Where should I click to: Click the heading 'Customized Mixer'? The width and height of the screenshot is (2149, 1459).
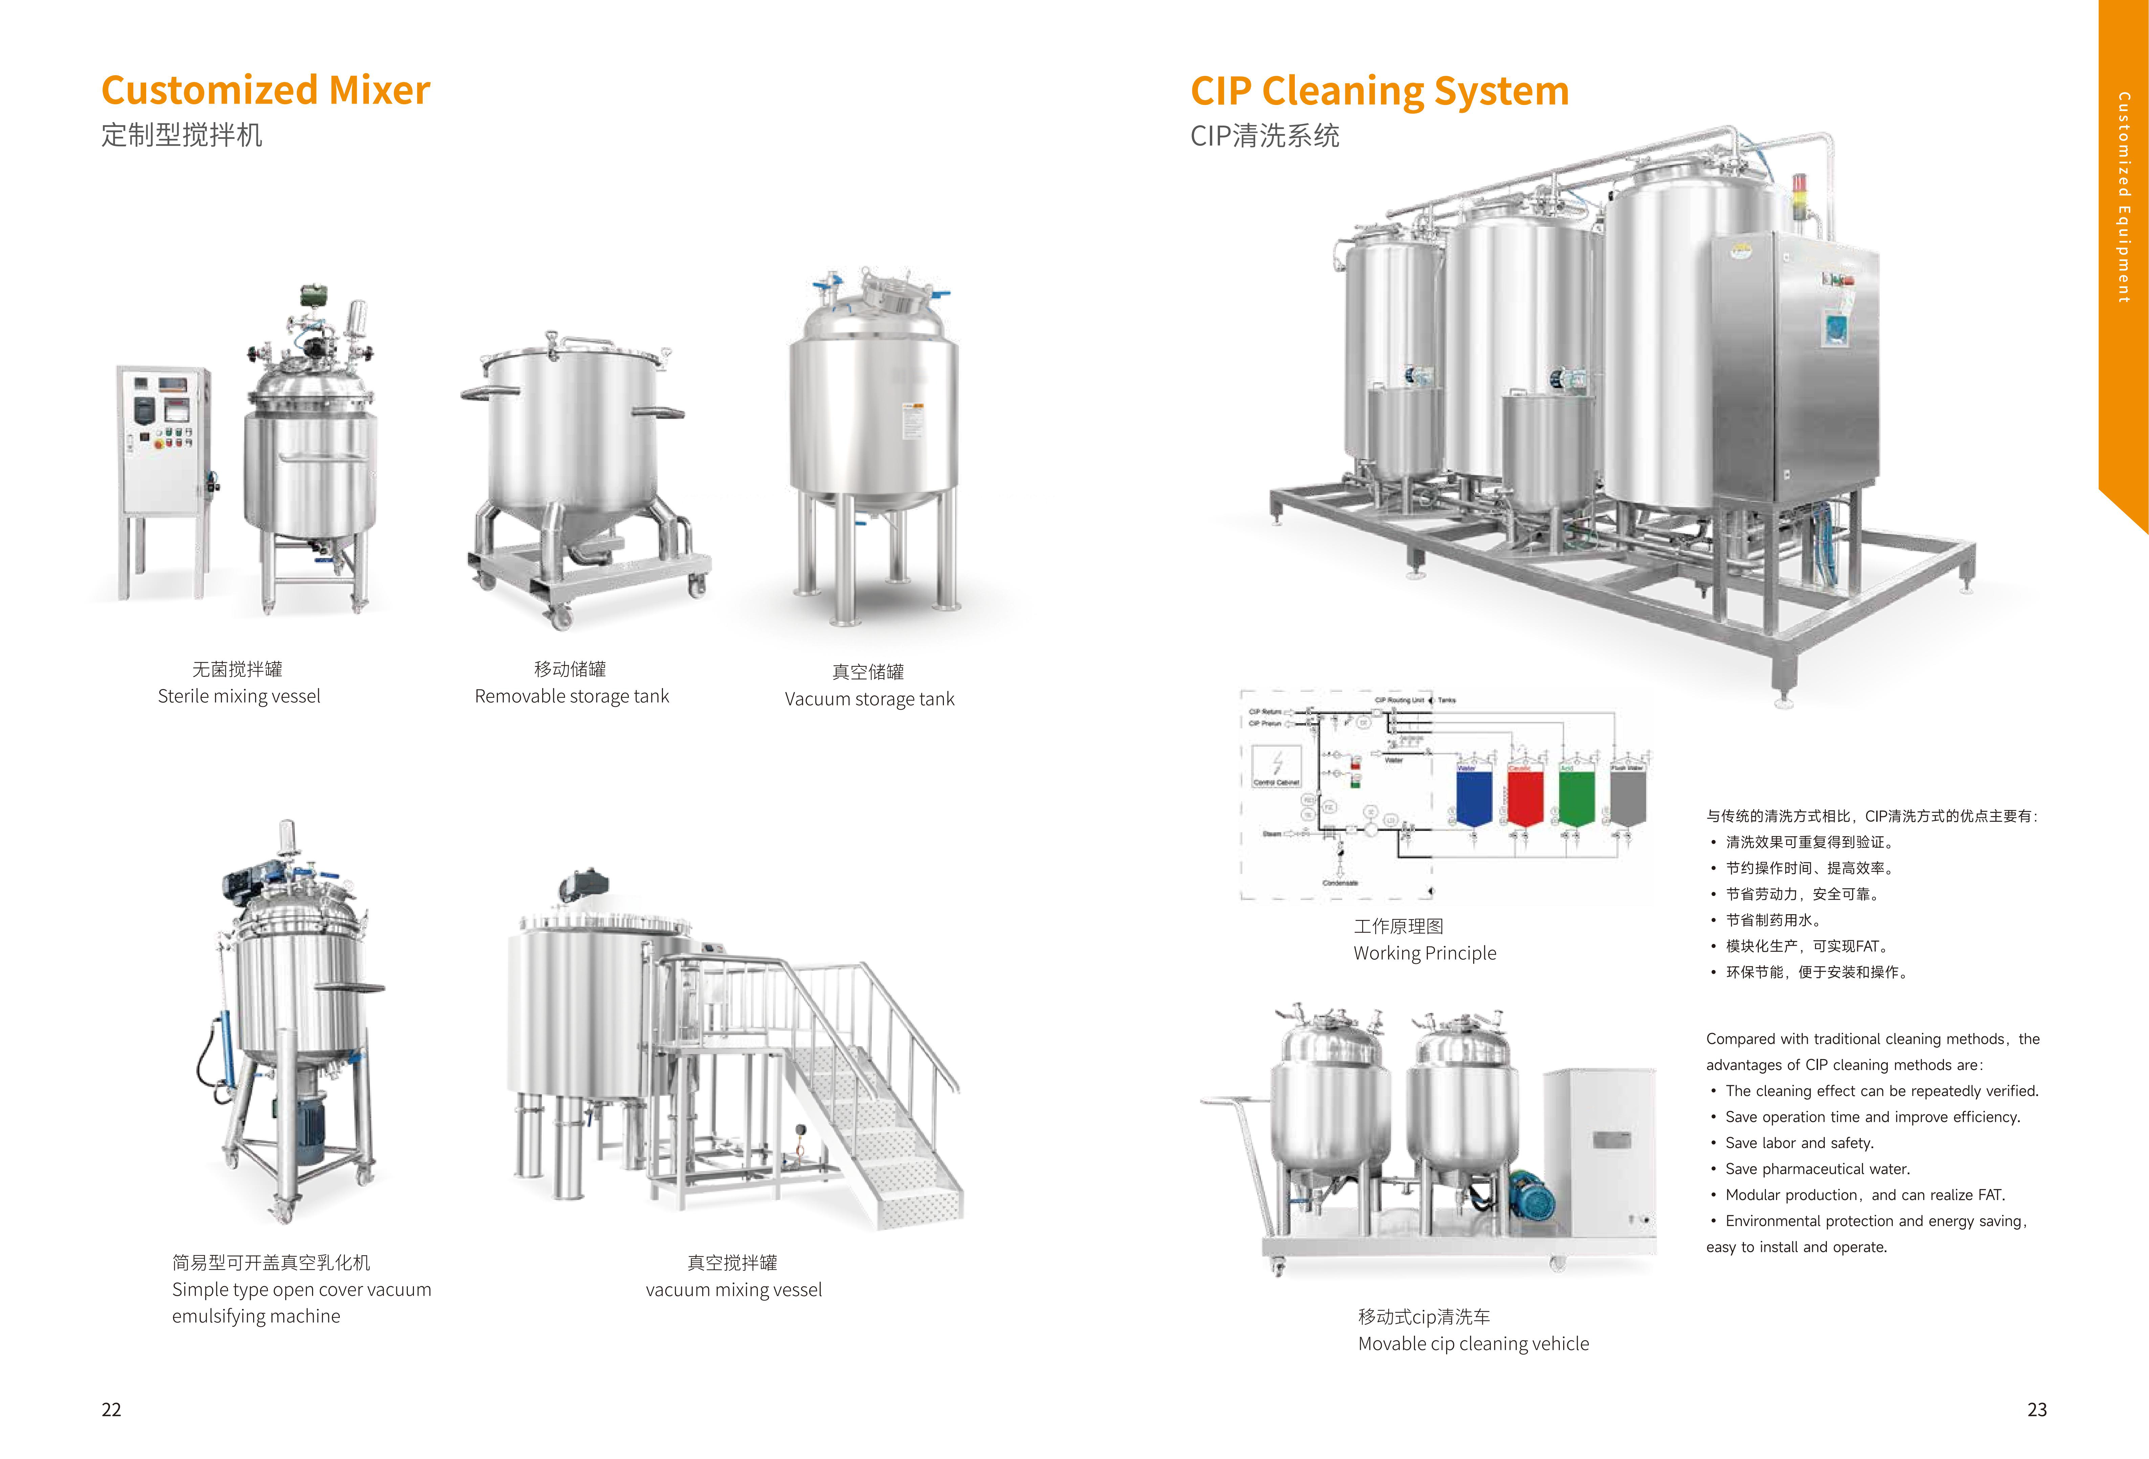pos(265,91)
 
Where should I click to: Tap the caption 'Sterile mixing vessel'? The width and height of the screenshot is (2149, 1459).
pos(239,696)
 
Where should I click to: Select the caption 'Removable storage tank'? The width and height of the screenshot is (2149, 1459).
pos(572,696)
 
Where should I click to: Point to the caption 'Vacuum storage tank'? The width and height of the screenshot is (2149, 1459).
pos(869,699)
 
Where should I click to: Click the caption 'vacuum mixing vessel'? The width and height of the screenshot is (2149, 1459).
pos(733,1290)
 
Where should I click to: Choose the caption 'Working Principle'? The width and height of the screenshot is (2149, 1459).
pos(1424,953)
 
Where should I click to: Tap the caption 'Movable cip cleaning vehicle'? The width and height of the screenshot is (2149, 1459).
pos(1473,1343)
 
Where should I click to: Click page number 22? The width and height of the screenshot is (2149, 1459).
pos(111,1409)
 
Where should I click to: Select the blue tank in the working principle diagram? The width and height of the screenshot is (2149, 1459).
pos(1474,796)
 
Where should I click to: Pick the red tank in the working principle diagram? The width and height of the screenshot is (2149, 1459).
pos(1525,796)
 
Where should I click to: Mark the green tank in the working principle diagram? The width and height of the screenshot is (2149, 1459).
pos(1577,796)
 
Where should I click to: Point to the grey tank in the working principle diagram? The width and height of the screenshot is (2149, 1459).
pos(1627,796)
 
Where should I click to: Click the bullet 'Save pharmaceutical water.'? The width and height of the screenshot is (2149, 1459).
pos(1817,1168)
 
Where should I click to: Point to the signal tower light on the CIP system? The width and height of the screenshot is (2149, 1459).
pos(1799,196)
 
